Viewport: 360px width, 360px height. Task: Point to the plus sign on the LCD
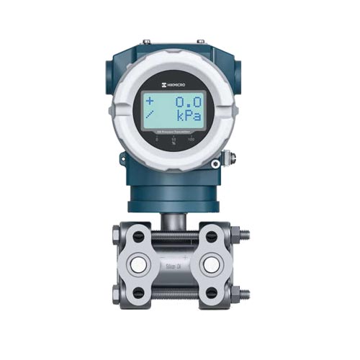click(x=150, y=101)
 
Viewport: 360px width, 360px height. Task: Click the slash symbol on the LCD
click(x=149, y=116)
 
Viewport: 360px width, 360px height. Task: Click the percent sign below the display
click(x=173, y=141)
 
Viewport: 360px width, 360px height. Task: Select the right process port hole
click(x=210, y=264)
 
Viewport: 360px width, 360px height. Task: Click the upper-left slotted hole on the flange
click(x=138, y=236)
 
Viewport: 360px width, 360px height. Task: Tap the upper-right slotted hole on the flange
click(x=212, y=236)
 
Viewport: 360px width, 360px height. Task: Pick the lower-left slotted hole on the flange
click(x=138, y=292)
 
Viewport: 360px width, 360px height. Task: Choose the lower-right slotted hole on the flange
click(x=212, y=292)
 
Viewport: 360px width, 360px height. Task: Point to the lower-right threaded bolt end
click(x=244, y=294)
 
